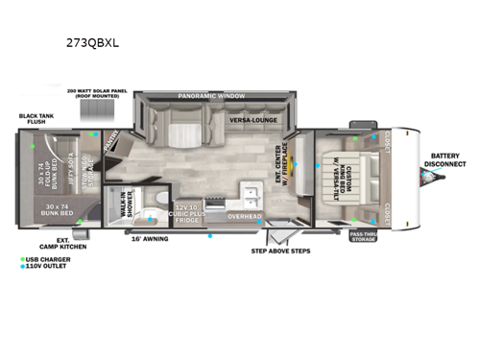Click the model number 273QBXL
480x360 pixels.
pos(101,43)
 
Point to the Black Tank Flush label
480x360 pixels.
pos(36,120)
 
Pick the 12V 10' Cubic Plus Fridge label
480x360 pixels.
pos(187,214)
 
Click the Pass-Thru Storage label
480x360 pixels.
pos(362,235)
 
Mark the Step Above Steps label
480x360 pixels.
pos(278,252)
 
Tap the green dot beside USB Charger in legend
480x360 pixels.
pos(22,259)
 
